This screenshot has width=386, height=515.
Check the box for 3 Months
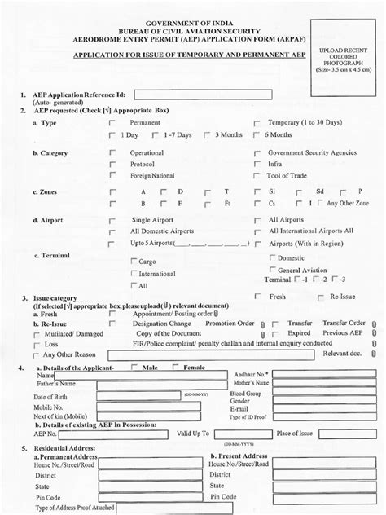(208, 134)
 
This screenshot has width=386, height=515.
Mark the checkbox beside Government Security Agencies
(257, 153)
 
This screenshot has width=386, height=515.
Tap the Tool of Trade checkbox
(257, 175)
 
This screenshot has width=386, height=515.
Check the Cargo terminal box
(134, 262)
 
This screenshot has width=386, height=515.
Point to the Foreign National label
(152, 175)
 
